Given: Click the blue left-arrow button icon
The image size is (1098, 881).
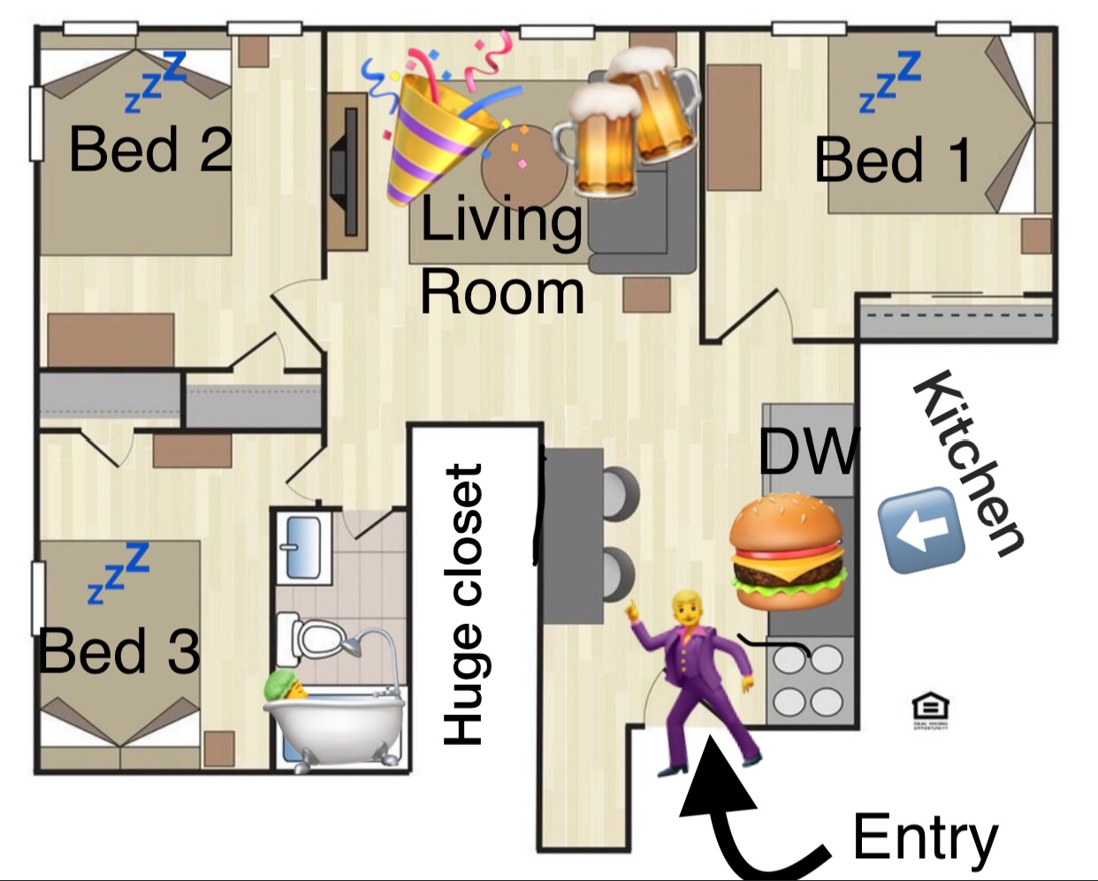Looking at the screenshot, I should pyautogui.click(x=920, y=530).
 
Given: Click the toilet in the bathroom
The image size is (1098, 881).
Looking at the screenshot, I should pyautogui.click(x=314, y=637).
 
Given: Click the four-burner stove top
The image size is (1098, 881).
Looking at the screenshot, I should pyautogui.click(x=808, y=680).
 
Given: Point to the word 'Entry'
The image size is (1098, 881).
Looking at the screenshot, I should pyautogui.click(x=925, y=838).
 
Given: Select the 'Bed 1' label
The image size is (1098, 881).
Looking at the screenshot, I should pyautogui.click(x=893, y=160).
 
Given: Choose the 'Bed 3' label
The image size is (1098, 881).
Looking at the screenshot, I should pyautogui.click(x=119, y=651).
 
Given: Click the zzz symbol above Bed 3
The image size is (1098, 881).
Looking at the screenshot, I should pyautogui.click(x=119, y=573).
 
